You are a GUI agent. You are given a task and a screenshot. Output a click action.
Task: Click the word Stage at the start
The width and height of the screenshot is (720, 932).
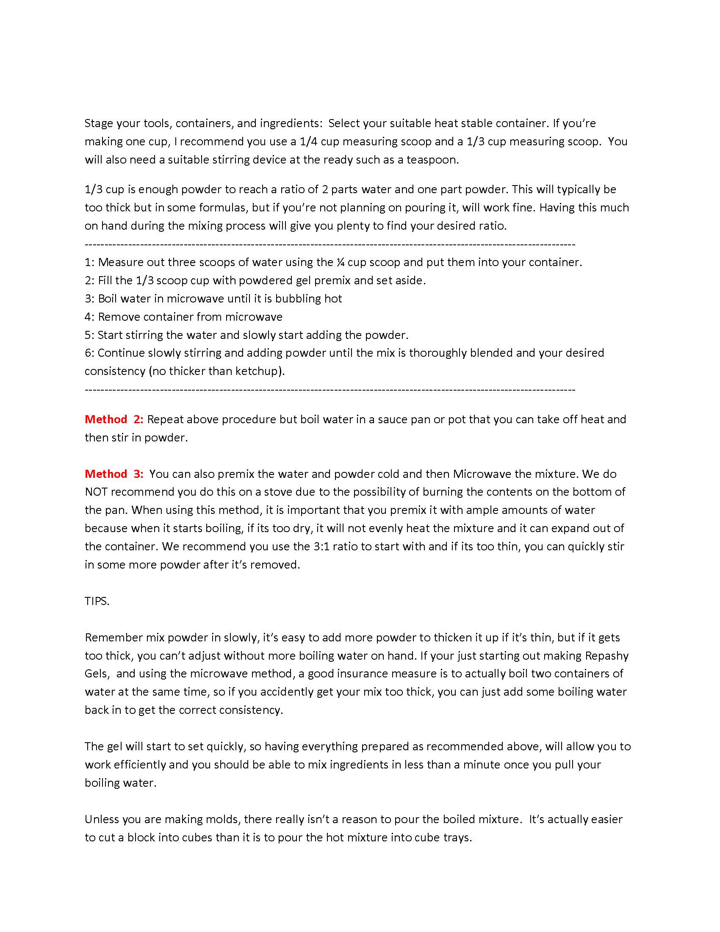pyautogui.click(x=99, y=123)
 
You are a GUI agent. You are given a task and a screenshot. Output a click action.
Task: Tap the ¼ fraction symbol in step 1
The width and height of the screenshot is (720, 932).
pyautogui.click(x=340, y=262)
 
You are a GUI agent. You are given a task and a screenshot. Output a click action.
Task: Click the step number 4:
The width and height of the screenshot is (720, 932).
pyautogui.click(x=89, y=316)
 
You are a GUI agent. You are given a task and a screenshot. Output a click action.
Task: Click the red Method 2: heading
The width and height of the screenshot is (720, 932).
pyautogui.click(x=114, y=419)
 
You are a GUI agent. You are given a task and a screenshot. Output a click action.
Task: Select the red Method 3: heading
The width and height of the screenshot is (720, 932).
pyautogui.click(x=114, y=474)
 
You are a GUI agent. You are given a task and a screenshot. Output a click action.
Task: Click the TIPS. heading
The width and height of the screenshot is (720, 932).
pyautogui.click(x=97, y=601)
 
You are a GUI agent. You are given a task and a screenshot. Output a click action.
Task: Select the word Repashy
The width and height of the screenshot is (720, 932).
pyautogui.click(x=606, y=655)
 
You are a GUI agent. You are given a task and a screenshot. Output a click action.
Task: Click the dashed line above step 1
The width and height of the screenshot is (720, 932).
pyautogui.click(x=330, y=244)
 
